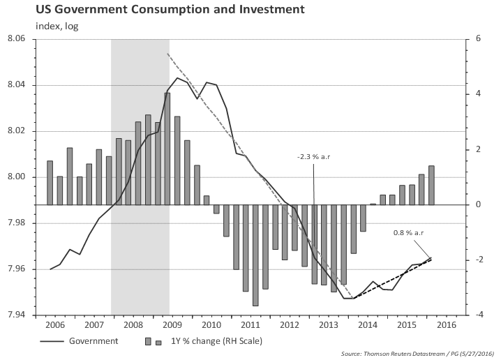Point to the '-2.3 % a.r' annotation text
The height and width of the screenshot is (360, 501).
coord(313,157)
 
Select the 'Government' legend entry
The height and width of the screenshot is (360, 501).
coord(94,341)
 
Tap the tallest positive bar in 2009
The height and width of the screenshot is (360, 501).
coord(167,149)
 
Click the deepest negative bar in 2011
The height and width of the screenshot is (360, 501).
coord(255,255)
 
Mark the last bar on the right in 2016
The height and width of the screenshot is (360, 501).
coord(431,185)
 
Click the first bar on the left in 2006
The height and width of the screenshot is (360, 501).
coord(50,183)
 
